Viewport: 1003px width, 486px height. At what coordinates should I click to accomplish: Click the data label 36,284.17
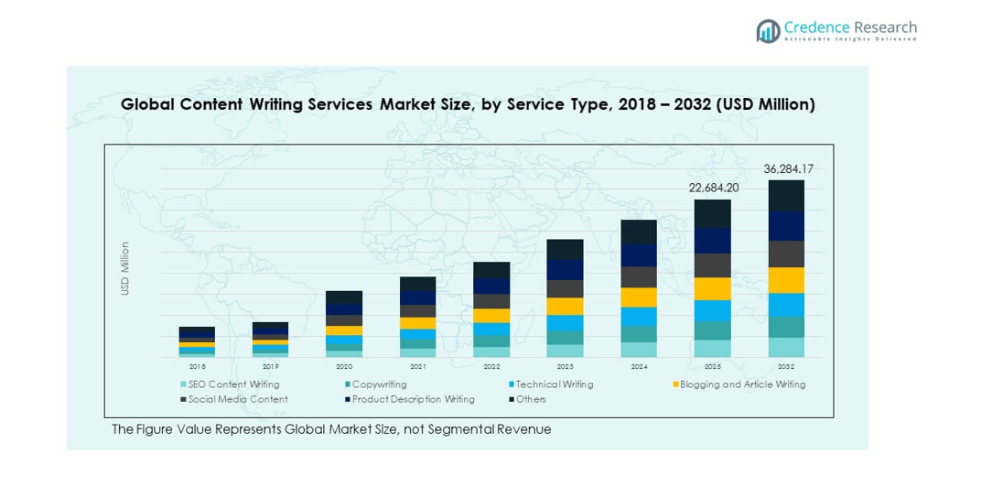(x=788, y=168)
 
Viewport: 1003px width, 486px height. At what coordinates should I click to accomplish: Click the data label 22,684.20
(x=713, y=189)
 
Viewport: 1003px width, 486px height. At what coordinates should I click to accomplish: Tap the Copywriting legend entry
(x=379, y=384)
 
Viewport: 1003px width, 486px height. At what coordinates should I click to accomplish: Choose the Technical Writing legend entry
(x=554, y=384)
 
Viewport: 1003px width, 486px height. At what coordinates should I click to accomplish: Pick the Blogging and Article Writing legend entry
(x=742, y=384)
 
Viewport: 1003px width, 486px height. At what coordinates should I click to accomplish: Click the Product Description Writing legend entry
(x=413, y=399)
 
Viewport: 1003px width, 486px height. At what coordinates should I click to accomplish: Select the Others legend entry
(x=531, y=399)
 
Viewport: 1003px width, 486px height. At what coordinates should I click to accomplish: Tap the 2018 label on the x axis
(x=197, y=365)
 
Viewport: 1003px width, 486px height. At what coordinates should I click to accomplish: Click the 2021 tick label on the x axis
(x=418, y=365)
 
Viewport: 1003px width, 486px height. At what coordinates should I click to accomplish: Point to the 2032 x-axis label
(x=786, y=365)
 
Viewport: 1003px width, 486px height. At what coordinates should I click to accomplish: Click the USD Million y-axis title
(x=125, y=268)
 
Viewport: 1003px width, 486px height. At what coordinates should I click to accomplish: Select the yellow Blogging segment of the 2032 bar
(x=786, y=280)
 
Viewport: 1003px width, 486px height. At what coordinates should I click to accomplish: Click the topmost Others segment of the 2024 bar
(x=639, y=232)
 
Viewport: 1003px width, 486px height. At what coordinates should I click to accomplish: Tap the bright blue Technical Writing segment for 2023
(x=565, y=323)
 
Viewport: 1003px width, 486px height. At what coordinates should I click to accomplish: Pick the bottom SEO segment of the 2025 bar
(x=713, y=349)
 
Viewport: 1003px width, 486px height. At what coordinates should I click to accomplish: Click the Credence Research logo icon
(x=768, y=31)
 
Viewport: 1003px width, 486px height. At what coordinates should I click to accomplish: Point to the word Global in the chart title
(x=148, y=104)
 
